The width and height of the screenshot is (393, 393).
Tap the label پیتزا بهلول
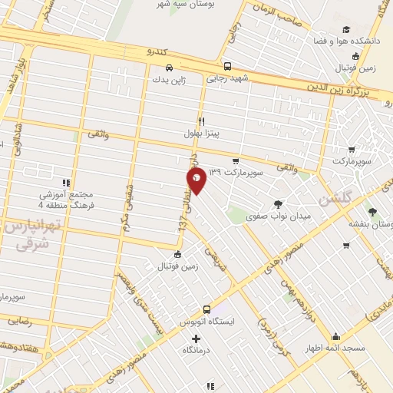(x=201, y=134)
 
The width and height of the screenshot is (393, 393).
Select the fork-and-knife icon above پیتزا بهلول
(x=201, y=121)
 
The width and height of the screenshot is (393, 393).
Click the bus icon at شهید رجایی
(x=227, y=67)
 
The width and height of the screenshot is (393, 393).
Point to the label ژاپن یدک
(x=168, y=79)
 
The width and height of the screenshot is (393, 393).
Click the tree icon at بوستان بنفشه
(x=374, y=211)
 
